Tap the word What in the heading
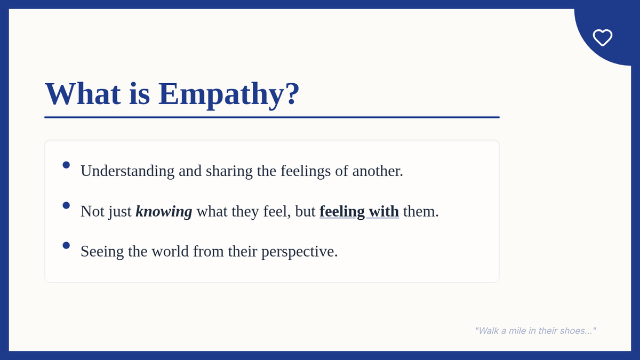83,93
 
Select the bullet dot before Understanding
66,165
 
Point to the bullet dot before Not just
66,205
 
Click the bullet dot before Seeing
66,245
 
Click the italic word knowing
164,212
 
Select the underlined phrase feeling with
359,212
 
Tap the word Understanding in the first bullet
127,171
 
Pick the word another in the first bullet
378,171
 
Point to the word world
170,251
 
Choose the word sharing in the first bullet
229,171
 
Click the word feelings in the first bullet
306,171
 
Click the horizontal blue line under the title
272,117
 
